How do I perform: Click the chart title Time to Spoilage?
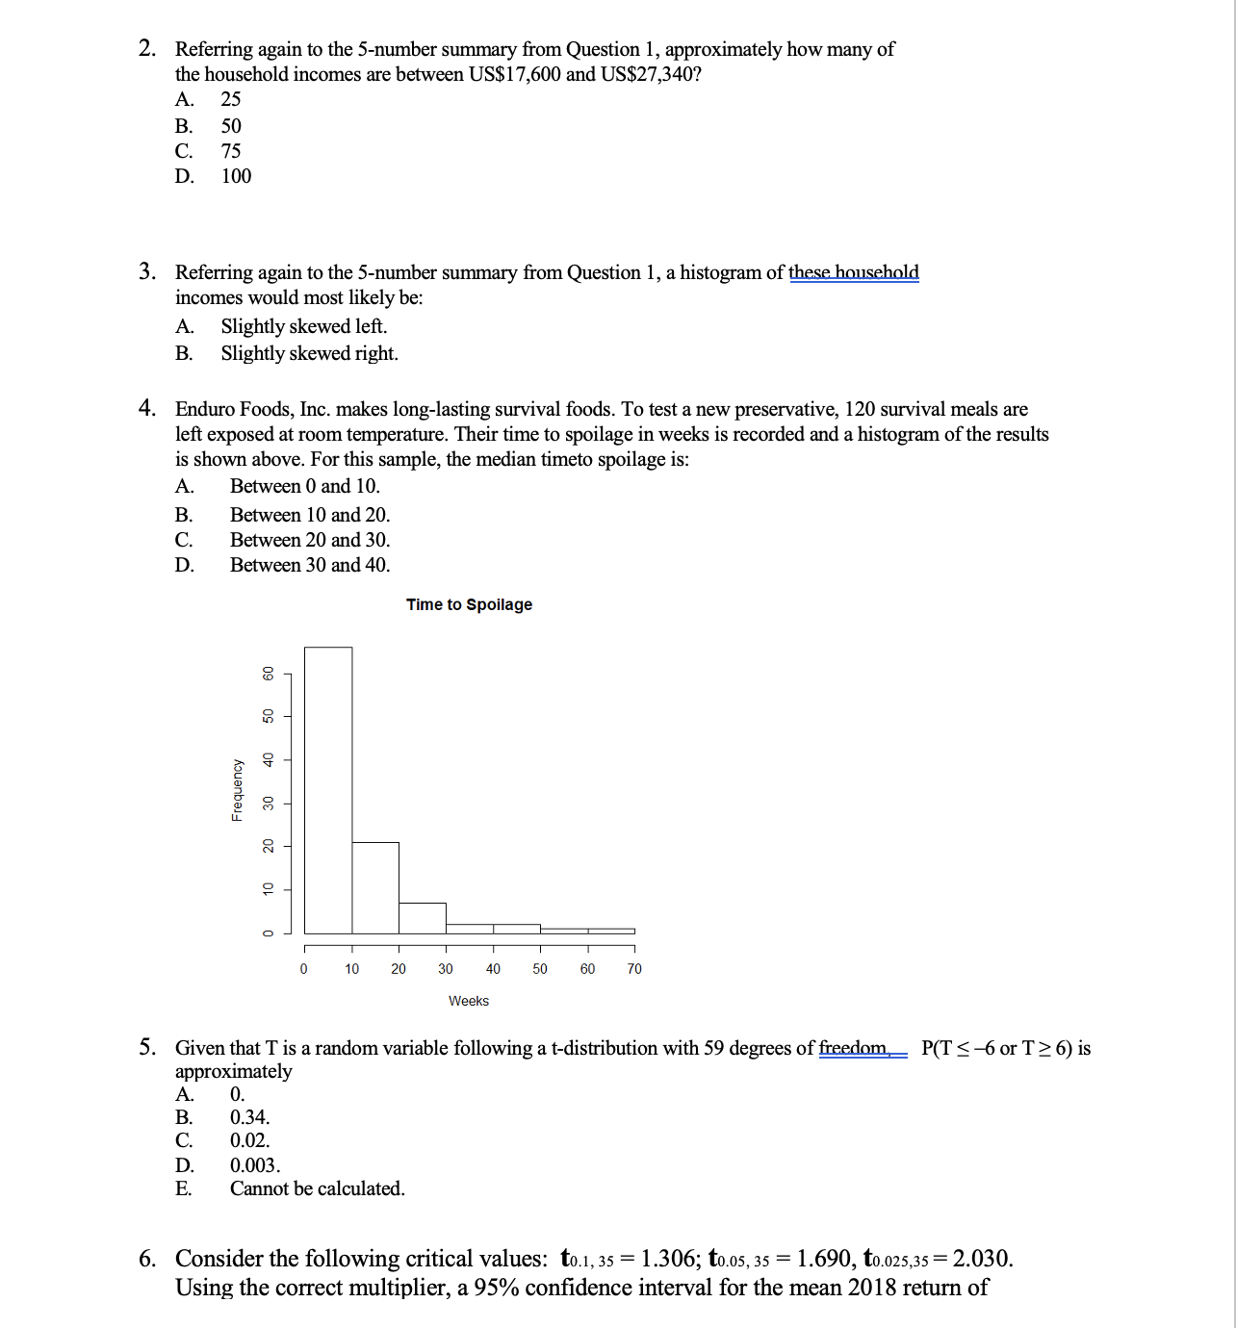(469, 604)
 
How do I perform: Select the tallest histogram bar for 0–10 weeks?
(328, 789)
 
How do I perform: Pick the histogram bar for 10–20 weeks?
(375, 887)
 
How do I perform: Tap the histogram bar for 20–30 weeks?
(423, 918)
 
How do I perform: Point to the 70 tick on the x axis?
(634, 968)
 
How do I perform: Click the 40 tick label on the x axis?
(493, 968)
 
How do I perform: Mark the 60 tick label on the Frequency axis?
(270, 674)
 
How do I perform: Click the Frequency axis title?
(237, 790)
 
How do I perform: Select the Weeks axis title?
(469, 1001)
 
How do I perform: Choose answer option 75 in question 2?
(231, 151)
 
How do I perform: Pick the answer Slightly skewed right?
(309, 353)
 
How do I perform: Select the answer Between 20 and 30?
(310, 540)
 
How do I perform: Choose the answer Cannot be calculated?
(317, 1188)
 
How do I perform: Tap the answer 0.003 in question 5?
(255, 1165)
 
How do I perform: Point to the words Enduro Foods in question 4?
(234, 409)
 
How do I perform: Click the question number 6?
(147, 1259)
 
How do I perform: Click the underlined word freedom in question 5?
(854, 1048)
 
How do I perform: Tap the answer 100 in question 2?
(236, 176)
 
